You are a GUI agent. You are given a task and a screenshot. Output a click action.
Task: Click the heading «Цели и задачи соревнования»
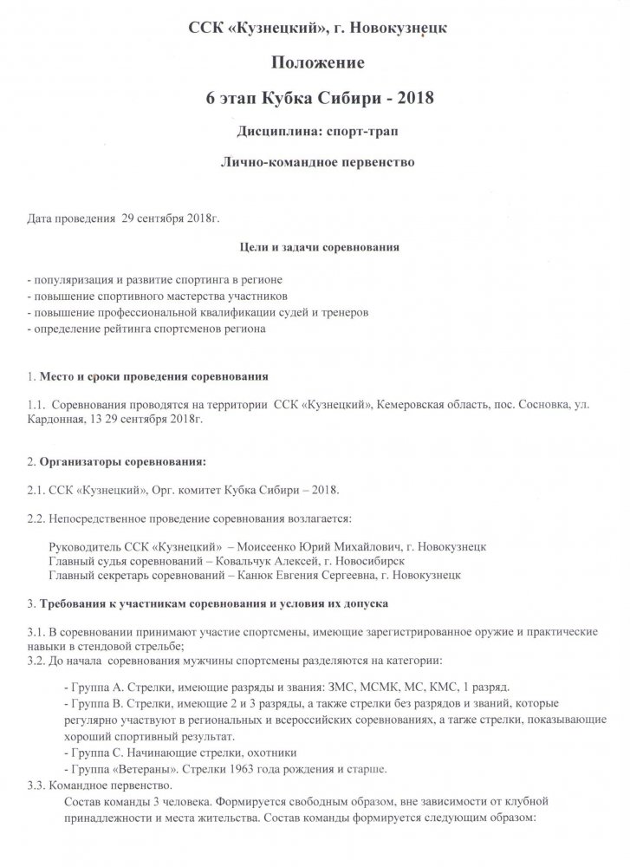point(318,246)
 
